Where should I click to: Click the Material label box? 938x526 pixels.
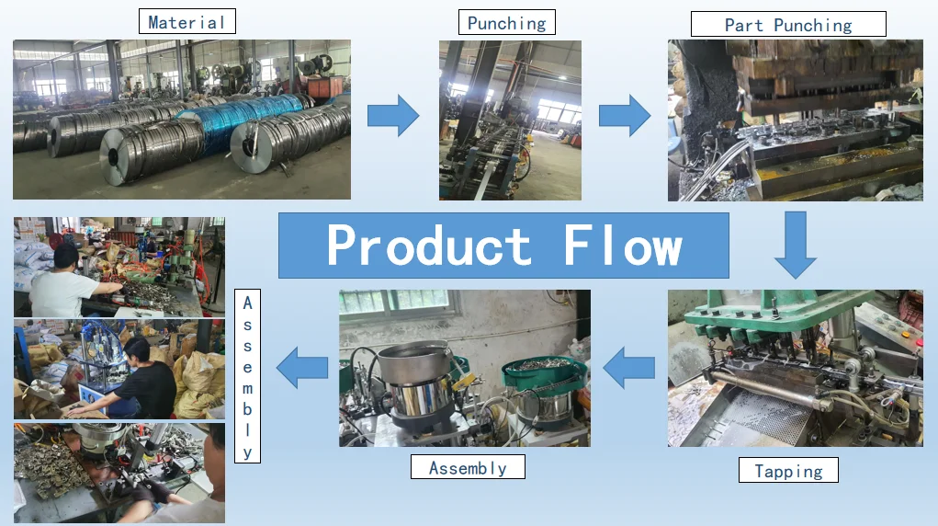coord(186,22)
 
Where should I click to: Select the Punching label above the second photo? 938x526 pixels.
coord(506,23)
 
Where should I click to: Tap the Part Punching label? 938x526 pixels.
coord(787,25)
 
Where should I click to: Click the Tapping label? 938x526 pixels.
coord(788,471)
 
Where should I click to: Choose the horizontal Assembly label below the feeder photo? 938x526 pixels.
coord(468,467)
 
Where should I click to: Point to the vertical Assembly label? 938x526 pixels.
coord(247,377)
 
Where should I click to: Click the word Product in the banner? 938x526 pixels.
coord(429,246)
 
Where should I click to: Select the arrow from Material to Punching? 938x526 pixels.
coord(393,115)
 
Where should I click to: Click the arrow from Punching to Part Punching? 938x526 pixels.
coord(625,115)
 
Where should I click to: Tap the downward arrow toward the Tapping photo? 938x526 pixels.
coord(795,245)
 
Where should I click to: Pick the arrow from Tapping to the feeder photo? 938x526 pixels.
coord(628,368)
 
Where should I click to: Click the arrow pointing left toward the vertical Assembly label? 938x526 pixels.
coord(303,368)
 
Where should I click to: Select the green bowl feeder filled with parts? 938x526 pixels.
coord(544,372)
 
